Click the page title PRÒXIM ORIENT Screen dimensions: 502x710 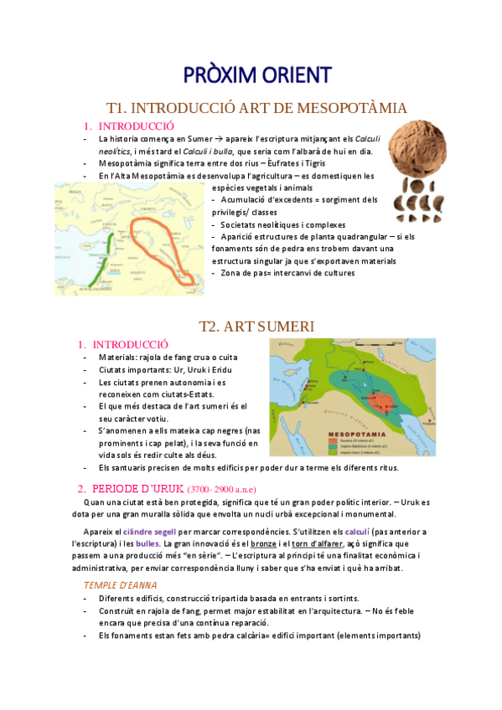257,75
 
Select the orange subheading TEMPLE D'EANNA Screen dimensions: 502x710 122,584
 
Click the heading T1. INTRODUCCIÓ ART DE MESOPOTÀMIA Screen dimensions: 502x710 257,108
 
